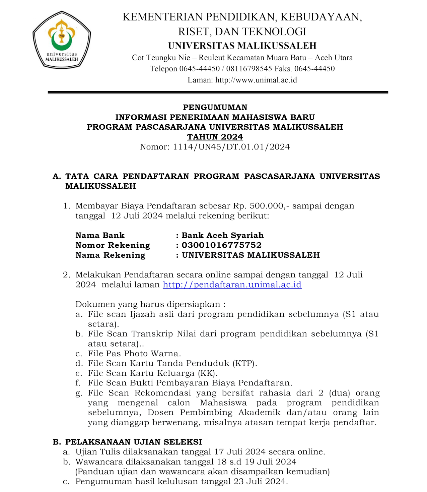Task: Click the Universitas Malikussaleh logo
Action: pos(62,40)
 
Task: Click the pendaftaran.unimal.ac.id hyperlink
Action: pos(232,285)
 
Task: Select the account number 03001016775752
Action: pos(221,245)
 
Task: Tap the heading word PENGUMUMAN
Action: pos(215,108)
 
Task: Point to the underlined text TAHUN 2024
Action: pos(215,137)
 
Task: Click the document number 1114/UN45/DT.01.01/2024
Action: pos(231,147)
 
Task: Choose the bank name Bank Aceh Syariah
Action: pos(222,235)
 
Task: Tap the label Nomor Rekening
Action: pos(113,245)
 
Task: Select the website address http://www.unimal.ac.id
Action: pos(256,80)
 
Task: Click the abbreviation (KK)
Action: pos(208,373)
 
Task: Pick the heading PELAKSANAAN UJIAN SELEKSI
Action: pos(133,442)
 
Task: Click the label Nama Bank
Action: pos(100,235)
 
